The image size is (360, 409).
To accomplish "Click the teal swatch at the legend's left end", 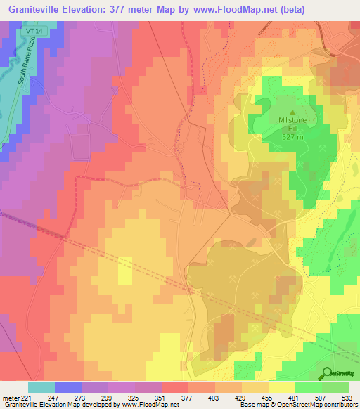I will pyautogui.click(x=41, y=387).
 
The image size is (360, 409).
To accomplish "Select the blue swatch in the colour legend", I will pyautogui.click(x=68, y=387).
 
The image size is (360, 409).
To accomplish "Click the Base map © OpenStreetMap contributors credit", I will pyautogui.click(x=297, y=405).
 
